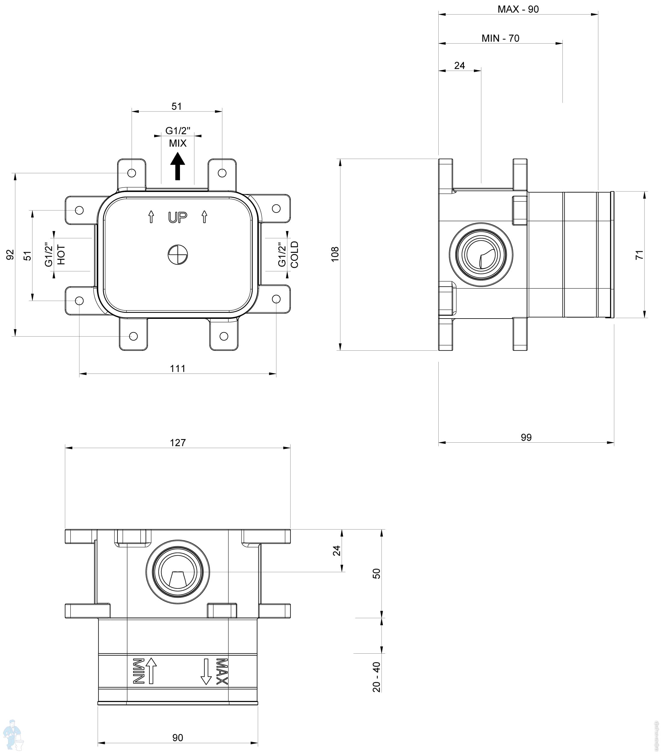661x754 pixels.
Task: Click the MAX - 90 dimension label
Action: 518,9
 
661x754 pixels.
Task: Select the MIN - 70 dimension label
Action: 500,38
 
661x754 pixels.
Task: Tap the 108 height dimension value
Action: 335,254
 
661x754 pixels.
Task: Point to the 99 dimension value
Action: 526,437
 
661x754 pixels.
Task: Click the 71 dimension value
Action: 639,255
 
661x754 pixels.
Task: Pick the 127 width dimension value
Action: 178,442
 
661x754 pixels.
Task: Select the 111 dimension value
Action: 178,368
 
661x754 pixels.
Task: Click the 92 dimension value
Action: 10,255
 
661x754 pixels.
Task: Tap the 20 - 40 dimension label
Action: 376,677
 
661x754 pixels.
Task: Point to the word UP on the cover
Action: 178,217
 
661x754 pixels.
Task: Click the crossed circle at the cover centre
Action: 178,255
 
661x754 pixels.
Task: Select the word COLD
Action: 294,255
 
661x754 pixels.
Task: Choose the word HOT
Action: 61,255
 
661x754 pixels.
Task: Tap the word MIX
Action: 178,143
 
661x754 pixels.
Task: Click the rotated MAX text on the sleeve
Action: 221,671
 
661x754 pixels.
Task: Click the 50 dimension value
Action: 376,574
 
